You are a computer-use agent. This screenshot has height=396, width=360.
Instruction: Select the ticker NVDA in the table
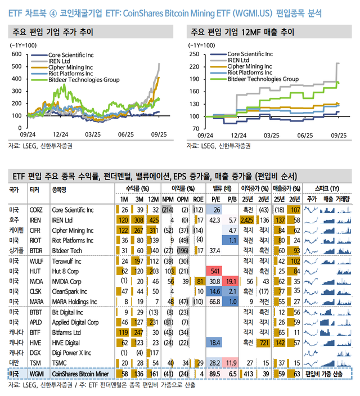35,281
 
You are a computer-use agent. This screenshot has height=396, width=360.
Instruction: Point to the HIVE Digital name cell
65,341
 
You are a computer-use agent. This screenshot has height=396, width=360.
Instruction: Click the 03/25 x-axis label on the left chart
93,135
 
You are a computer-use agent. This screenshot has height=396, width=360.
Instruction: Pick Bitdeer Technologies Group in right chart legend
263,79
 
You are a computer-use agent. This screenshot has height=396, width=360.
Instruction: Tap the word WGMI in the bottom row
35,373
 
